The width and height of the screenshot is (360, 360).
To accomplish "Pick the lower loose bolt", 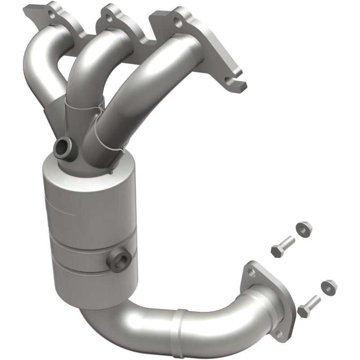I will click(309, 306).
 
